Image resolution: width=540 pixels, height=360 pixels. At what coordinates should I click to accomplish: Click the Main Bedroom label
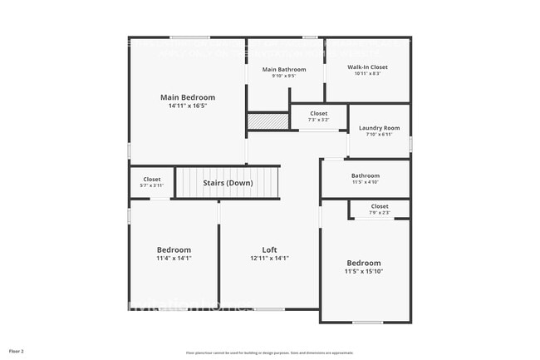[187, 97]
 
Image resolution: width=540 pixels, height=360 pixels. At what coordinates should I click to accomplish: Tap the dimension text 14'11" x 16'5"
[187, 106]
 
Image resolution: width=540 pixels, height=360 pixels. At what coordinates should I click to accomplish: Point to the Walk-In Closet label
[367, 67]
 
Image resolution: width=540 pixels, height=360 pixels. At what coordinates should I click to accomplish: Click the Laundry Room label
[379, 128]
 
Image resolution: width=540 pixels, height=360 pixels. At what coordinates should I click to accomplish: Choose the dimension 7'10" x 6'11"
[379, 135]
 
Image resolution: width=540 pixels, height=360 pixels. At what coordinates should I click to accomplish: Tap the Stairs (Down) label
[228, 183]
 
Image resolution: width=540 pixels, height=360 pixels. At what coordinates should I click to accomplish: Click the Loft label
[269, 249]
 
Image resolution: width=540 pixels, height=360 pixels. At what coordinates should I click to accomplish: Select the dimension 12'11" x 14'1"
[269, 258]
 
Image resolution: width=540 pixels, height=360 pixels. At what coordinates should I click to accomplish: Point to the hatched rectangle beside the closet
[267, 121]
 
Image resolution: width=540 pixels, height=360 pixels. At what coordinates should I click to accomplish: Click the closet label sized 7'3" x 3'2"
[319, 113]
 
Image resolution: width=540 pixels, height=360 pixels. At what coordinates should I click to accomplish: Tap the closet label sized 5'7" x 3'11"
[151, 179]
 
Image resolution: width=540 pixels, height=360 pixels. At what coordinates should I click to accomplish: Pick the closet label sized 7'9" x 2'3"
[380, 206]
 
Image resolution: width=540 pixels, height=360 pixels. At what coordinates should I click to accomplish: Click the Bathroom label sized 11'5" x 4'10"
[365, 175]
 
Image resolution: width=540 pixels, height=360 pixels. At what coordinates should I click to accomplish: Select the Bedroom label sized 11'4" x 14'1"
[174, 249]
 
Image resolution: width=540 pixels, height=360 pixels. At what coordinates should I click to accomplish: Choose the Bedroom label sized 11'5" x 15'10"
[364, 263]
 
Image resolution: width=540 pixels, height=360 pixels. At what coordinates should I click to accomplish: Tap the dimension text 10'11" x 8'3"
[367, 74]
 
